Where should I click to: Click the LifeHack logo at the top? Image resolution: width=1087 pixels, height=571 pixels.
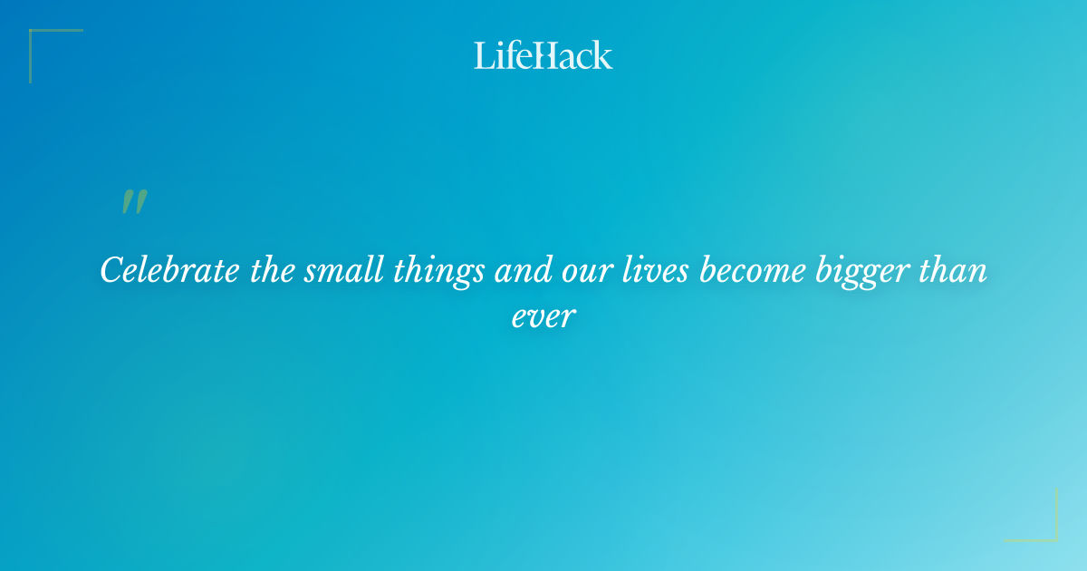tap(543, 55)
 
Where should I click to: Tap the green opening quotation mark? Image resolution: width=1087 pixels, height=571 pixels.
tap(133, 202)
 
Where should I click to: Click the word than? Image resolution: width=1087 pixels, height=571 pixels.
tap(955, 270)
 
